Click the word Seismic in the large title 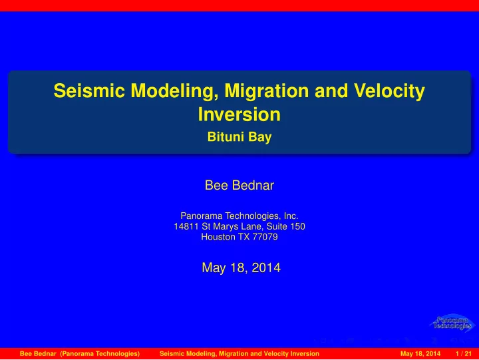[x=89, y=90]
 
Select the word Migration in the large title [x=267, y=92]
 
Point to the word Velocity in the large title [x=389, y=92]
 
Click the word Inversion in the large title [x=239, y=114]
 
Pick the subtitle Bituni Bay [x=239, y=137]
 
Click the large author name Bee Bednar [x=239, y=185]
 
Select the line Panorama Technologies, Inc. [x=239, y=216]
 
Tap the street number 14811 [x=186, y=226]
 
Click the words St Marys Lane [x=232, y=226]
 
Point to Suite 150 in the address [x=285, y=226]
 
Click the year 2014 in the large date [x=266, y=268]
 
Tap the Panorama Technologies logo [x=452, y=323]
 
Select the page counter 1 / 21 [x=464, y=354]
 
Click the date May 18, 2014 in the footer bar [x=420, y=354]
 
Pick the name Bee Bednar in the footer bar [x=38, y=354]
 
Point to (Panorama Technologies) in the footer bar [x=100, y=354]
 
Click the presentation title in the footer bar [x=239, y=354]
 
